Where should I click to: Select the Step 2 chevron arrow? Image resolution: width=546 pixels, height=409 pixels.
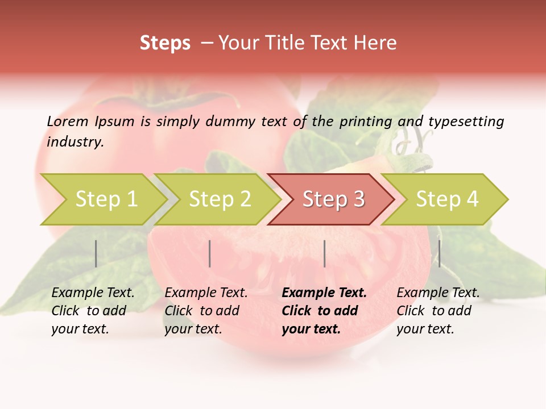(219, 199)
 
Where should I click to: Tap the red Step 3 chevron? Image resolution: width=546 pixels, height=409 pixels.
(333, 199)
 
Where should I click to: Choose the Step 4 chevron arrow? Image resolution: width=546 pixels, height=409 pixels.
(446, 199)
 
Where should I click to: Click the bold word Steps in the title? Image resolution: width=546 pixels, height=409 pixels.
(165, 43)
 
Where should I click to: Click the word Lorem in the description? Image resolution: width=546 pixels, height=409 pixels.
(68, 121)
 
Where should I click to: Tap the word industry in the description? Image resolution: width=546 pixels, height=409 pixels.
(75, 141)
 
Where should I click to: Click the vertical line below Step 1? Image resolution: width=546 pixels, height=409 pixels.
(96, 253)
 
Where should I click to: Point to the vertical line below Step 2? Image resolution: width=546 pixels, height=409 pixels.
(210, 253)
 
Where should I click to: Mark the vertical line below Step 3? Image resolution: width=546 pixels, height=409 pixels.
(324, 253)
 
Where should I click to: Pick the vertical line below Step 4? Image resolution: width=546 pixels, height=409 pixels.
(439, 253)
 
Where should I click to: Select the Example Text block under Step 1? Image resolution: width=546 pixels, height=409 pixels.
(93, 311)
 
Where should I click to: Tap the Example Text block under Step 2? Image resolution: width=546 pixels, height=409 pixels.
(206, 311)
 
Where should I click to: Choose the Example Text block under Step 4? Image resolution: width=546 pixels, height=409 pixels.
(438, 311)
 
